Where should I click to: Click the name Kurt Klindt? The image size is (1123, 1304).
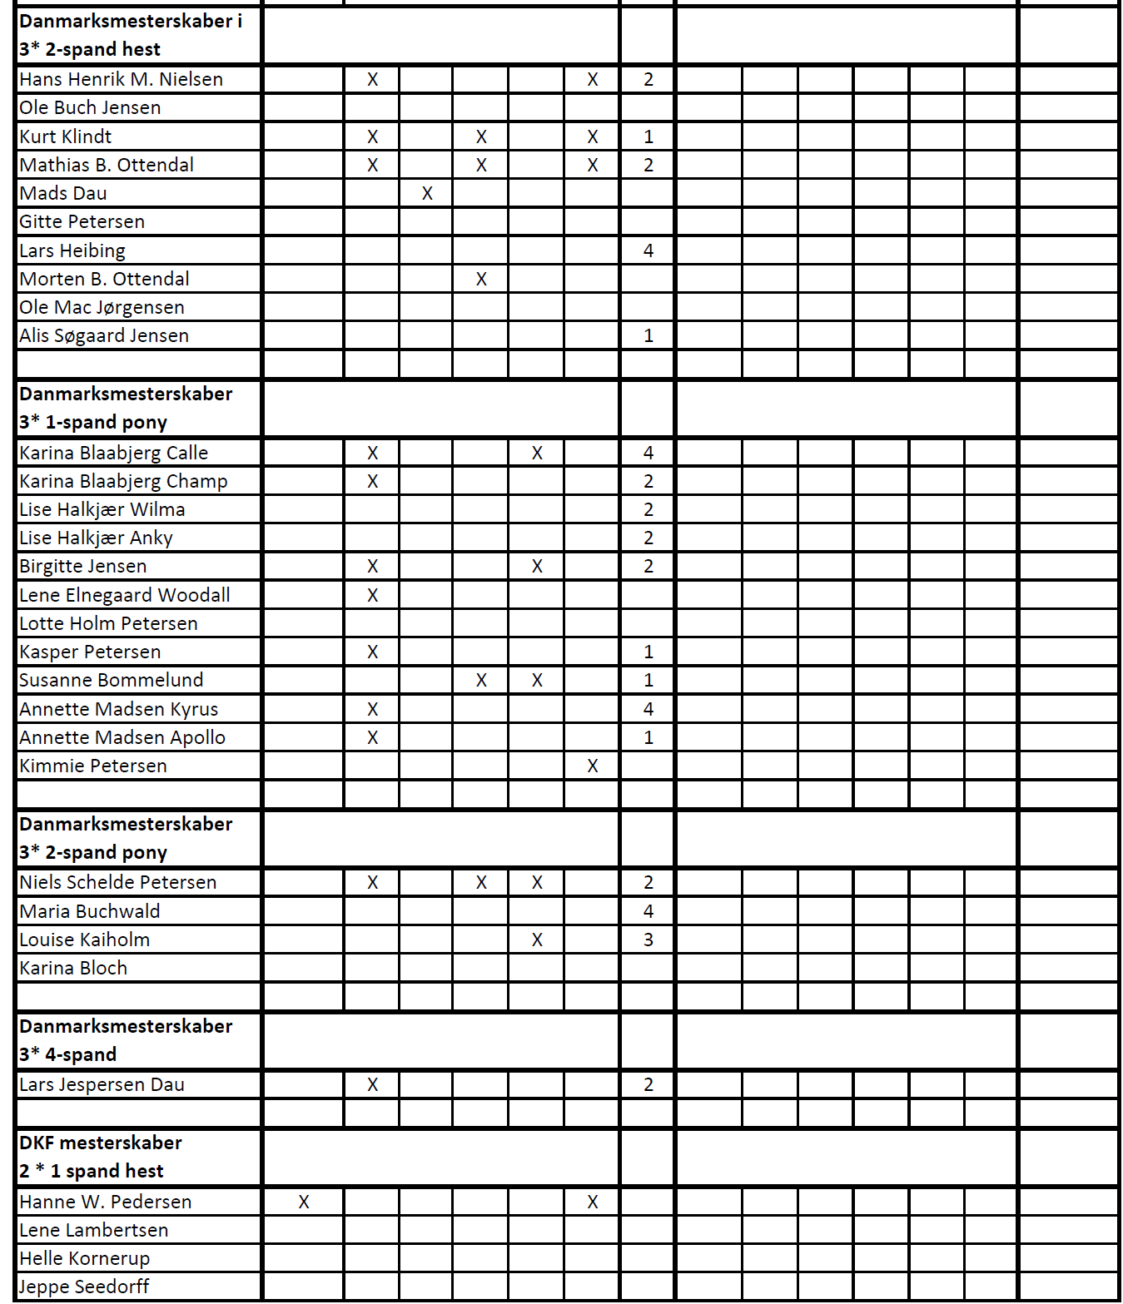click(65, 136)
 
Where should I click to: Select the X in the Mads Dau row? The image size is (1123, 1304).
click(427, 193)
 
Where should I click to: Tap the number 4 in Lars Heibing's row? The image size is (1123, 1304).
click(648, 250)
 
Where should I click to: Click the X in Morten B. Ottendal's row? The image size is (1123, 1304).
click(481, 279)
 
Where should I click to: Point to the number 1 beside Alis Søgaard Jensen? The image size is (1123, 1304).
click(648, 335)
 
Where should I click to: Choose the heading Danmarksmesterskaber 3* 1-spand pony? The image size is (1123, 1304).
click(125, 408)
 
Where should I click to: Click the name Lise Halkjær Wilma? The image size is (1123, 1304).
click(102, 509)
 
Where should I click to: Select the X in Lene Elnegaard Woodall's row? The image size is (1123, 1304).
click(372, 595)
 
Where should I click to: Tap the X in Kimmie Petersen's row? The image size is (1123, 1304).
click(592, 766)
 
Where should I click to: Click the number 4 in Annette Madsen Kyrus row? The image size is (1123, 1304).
click(648, 709)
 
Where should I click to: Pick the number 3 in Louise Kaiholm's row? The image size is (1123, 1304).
click(648, 940)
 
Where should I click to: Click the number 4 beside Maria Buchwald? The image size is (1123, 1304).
click(648, 911)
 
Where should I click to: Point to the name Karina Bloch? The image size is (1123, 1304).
click(73, 968)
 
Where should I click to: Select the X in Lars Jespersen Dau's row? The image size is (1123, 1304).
click(372, 1084)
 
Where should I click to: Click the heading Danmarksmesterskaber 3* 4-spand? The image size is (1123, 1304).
click(125, 1040)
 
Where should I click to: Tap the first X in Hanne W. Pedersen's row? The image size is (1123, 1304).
click(304, 1202)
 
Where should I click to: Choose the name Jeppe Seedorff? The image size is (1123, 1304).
click(84, 1287)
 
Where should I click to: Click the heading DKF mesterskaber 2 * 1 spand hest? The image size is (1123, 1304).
click(100, 1157)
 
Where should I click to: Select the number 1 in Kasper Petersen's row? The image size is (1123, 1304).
click(648, 652)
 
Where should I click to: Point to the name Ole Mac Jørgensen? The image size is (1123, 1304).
click(102, 307)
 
